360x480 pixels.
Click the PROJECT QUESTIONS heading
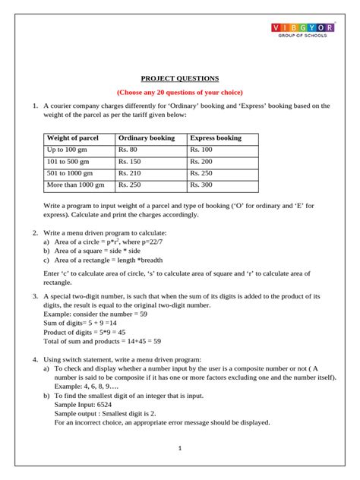179,78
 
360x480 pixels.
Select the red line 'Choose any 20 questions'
179,92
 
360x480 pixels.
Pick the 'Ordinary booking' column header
146,138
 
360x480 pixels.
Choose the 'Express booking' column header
216,138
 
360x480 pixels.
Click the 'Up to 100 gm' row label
66,150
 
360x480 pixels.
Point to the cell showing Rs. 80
128,150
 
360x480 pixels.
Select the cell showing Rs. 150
130,162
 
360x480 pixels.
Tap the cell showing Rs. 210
130,173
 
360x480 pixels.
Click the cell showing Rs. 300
201,185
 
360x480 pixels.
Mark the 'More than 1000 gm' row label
75,185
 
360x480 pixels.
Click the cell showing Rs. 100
201,150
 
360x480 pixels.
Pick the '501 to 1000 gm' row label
69,173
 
